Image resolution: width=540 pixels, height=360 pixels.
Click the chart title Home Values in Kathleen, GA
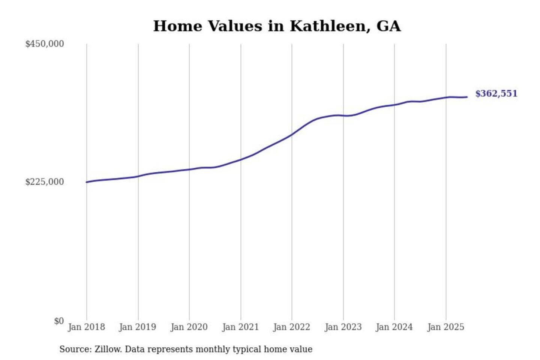click(x=277, y=26)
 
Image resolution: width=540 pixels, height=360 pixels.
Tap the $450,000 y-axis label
click(x=45, y=44)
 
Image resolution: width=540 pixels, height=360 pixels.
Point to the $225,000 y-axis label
click(x=45, y=182)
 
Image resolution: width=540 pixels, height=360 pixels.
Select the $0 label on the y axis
click(x=59, y=321)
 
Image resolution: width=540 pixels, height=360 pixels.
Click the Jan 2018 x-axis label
click(x=86, y=327)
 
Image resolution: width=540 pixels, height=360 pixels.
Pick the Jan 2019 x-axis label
click(x=138, y=327)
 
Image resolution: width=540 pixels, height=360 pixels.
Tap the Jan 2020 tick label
click(x=189, y=327)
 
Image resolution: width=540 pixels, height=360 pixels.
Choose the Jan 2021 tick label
click(x=240, y=327)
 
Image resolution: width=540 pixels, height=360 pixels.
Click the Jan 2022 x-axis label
click(x=292, y=327)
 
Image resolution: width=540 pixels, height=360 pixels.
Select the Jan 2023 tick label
click(x=343, y=327)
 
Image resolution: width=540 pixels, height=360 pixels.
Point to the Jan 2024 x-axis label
click(x=394, y=327)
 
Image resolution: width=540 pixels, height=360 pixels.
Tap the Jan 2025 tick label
click(x=446, y=327)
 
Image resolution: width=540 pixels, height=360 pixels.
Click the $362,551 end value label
click(x=496, y=94)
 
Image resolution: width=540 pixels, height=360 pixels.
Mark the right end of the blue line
click(x=467, y=97)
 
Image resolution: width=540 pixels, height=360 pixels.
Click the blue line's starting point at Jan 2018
click(x=87, y=182)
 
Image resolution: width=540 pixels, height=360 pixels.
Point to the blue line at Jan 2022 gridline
click(x=292, y=135)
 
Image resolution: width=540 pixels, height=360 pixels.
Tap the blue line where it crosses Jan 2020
click(x=189, y=169)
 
